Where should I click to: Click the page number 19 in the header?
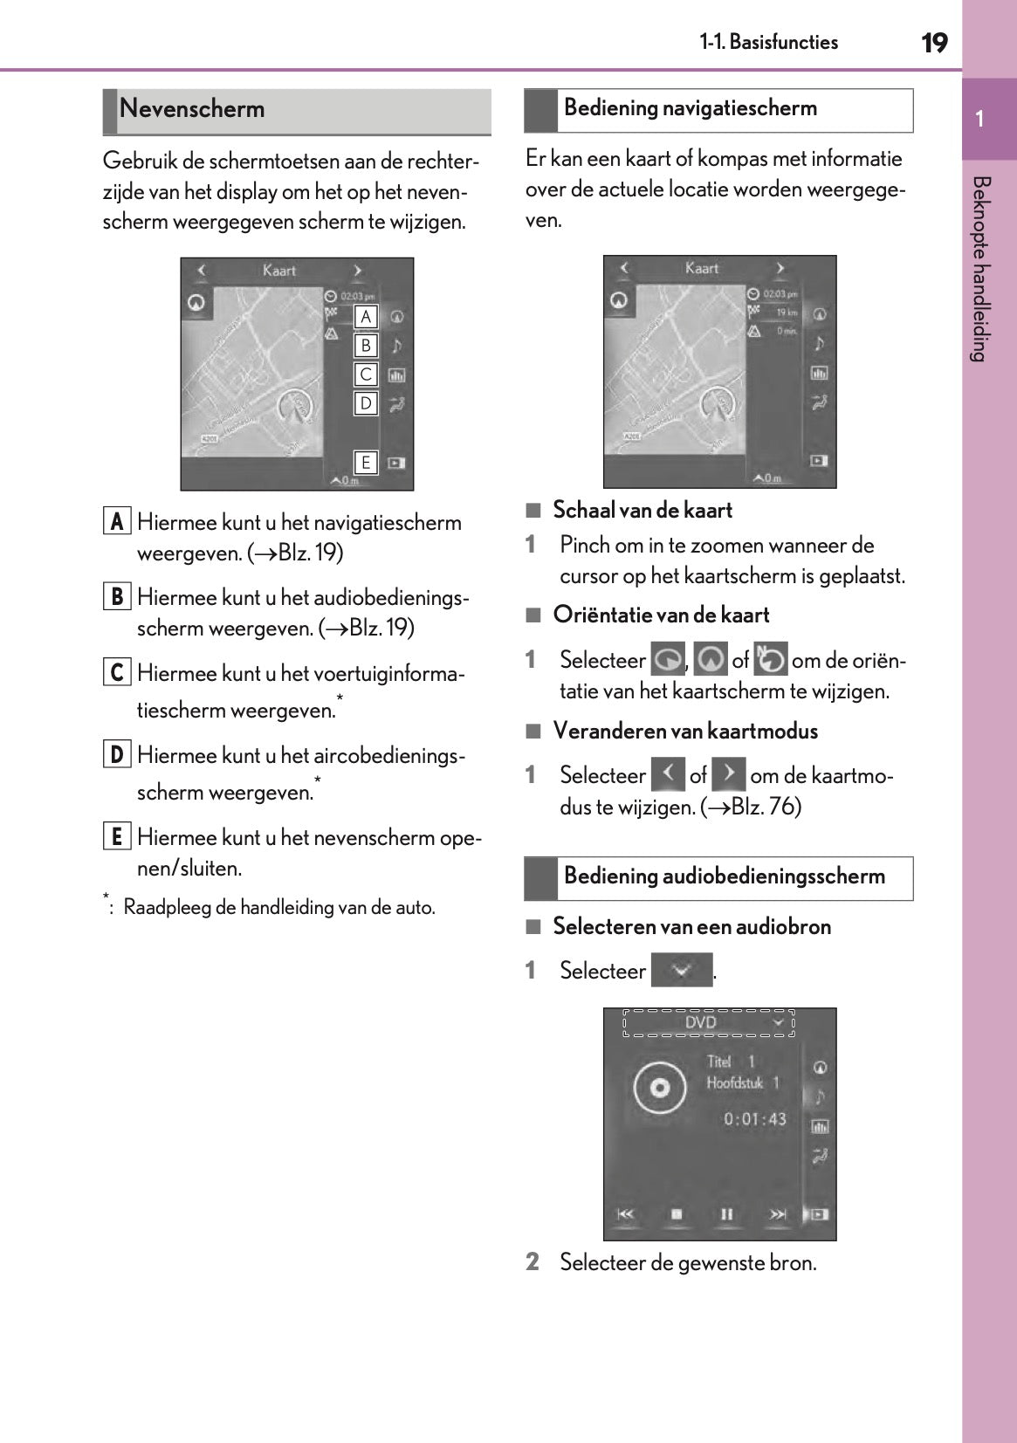point(934,42)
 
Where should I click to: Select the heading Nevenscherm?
point(192,109)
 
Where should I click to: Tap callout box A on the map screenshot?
point(366,317)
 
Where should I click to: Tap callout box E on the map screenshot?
point(366,463)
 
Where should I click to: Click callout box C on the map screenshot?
point(366,374)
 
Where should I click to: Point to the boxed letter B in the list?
point(116,597)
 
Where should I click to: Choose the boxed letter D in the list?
point(116,754)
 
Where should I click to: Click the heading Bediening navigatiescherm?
point(690,108)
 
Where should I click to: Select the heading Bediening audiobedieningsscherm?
point(724,876)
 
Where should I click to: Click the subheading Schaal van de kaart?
point(642,511)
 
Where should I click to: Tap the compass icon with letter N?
point(770,659)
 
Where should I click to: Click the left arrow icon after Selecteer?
point(668,774)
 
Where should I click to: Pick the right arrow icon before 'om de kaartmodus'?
point(728,774)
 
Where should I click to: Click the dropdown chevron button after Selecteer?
point(682,970)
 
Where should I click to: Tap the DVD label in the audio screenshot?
point(700,1022)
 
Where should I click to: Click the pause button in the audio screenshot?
point(726,1214)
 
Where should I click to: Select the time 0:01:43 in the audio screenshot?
point(754,1119)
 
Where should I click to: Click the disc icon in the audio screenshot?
point(660,1088)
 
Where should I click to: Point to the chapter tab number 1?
point(980,120)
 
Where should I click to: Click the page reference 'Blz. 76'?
point(766,807)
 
